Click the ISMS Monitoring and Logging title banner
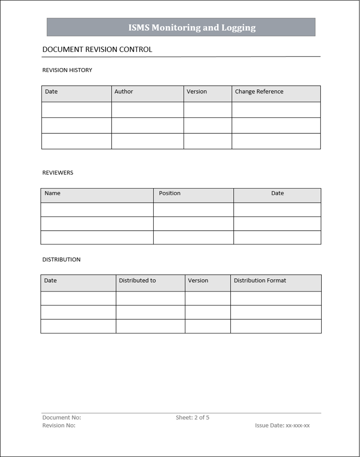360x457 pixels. pos(192,28)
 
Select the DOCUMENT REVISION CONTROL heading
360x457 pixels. pos(97,49)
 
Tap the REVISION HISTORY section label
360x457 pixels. pos(67,70)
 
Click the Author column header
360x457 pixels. pos(124,92)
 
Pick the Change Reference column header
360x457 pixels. pos(259,92)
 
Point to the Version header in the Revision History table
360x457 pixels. pos(197,92)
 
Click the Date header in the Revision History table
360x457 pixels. pos(52,92)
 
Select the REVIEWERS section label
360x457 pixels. pos(58,172)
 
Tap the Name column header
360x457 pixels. pos(52,193)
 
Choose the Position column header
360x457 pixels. pos(170,193)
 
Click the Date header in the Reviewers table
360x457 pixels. pos(277,193)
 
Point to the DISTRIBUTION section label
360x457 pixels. pos(61,260)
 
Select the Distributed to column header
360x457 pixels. pos(137,281)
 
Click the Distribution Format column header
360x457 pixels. pos(260,281)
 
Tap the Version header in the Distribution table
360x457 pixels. pos(198,281)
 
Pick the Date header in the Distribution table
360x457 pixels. pos(51,281)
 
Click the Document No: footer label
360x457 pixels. pos(62,417)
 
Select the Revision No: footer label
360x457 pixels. pos(59,425)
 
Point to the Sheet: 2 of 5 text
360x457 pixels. pos(192,417)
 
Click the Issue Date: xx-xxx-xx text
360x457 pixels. pos(282,425)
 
